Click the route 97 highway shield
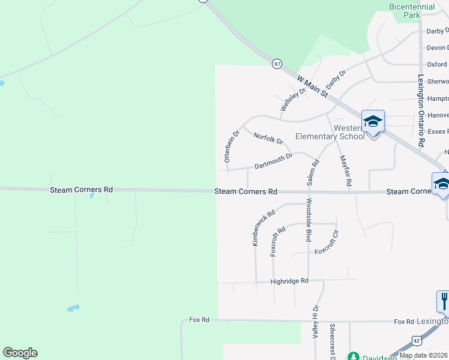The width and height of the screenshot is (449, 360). [277, 63]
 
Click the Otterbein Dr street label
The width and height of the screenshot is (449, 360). [231, 146]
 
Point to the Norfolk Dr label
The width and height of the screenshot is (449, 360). [268, 139]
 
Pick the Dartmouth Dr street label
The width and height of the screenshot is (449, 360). [273, 161]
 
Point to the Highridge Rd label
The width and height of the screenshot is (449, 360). [289, 281]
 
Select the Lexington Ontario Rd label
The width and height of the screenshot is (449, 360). [421, 111]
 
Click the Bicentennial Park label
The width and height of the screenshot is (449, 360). [412, 11]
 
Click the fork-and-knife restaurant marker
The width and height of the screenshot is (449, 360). [444, 301]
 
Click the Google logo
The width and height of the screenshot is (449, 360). [20, 353]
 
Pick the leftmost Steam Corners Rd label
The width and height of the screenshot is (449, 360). [82, 190]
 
